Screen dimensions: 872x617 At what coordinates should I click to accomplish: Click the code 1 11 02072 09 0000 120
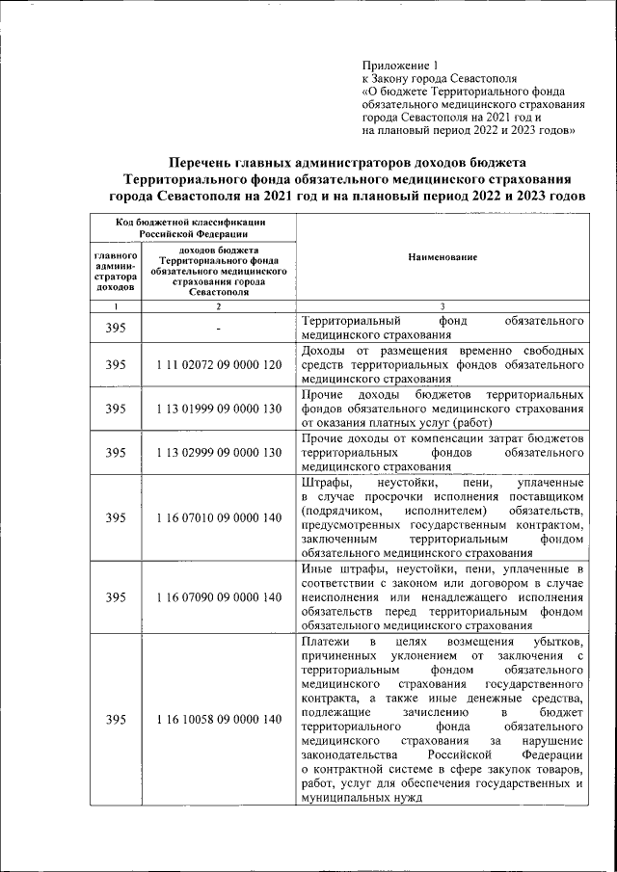coord(219,365)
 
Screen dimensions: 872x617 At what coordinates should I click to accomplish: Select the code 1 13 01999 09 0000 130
coord(219,409)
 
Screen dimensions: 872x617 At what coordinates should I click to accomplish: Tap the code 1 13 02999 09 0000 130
coord(219,452)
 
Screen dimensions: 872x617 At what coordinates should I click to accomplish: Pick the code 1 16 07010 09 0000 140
coord(219,517)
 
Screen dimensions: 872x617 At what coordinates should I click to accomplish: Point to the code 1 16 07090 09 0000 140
coord(219,597)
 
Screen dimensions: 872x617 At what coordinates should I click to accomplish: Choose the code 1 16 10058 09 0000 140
coord(219,719)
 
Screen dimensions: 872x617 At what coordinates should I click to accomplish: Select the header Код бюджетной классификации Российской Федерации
coord(192,226)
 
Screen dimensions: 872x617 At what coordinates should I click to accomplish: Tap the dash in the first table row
coord(219,329)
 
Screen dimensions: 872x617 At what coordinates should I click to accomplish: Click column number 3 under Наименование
coord(443,305)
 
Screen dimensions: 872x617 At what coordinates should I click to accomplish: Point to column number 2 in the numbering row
coord(219,305)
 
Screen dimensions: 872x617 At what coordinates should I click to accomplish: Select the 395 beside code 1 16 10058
coord(116,719)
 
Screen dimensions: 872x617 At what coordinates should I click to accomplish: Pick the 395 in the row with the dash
coord(116,329)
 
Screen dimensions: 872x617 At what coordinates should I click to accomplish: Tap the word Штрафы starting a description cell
coord(325,481)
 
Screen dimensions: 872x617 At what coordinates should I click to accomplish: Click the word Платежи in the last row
coord(327,642)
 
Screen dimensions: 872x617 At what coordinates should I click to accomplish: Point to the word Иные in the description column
coord(316,568)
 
